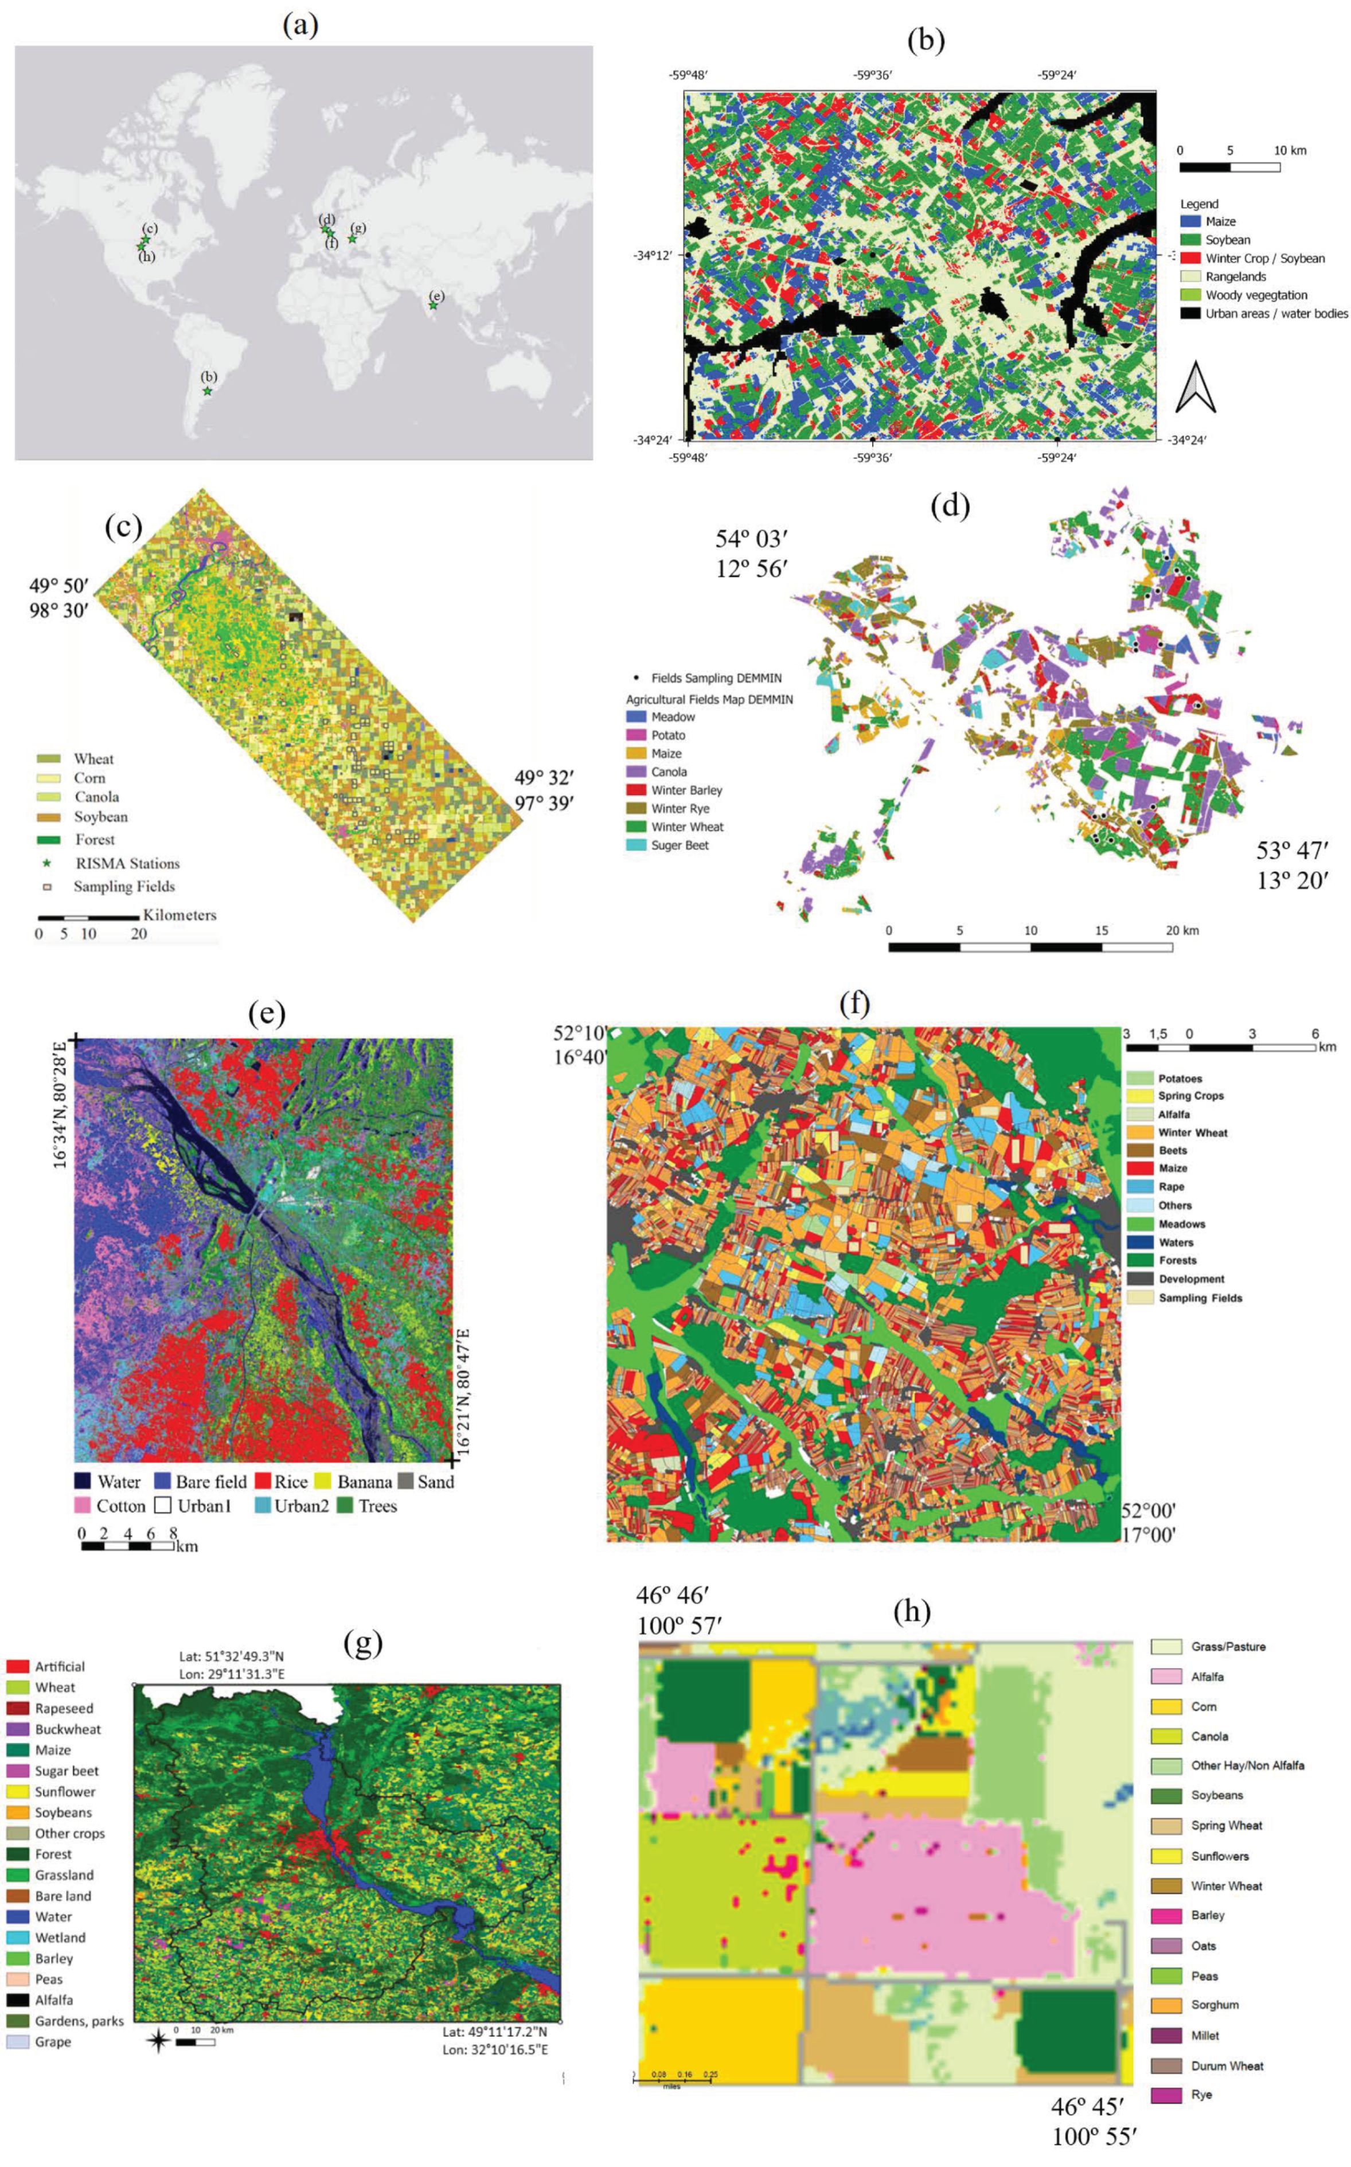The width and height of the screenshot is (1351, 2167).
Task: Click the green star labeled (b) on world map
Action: pyautogui.click(x=208, y=391)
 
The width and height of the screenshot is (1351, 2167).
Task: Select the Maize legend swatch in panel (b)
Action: pyautogui.click(x=1188, y=221)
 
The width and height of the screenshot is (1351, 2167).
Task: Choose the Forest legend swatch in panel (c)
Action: pyautogui.click(x=48, y=840)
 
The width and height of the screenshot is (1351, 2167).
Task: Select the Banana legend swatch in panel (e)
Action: pyautogui.click(x=323, y=1482)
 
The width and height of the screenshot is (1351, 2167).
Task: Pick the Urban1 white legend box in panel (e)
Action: pyautogui.click(x=163, y=1506)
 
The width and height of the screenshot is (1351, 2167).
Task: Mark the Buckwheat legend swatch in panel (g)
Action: pyautogui.click(x=17, y=1729)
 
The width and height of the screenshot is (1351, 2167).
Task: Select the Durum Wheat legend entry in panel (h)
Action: pyautogui.click(x=1227, y=2066)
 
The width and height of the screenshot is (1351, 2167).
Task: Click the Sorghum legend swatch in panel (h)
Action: pyautogui.click(x=1166, y=2005)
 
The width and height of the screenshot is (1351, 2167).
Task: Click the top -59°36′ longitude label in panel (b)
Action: pyautogui.click(x=873, y=75)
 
